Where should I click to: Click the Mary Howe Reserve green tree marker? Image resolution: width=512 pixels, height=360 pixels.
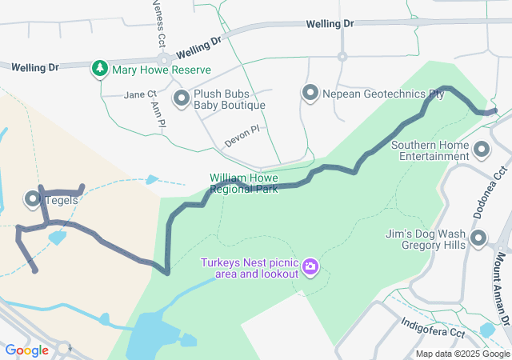99,69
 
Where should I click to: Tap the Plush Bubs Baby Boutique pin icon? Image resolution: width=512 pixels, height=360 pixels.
182,99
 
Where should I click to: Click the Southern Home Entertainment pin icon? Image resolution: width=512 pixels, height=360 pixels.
482,150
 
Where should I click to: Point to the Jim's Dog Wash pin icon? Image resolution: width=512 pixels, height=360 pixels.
478,238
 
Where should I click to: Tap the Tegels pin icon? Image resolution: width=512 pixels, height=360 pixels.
34,198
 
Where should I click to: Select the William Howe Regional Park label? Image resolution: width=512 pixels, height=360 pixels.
243,183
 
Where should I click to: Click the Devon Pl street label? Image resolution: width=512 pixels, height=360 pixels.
242,135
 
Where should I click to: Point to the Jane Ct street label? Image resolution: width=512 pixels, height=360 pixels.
141,94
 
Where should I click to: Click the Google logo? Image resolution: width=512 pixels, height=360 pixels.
26,350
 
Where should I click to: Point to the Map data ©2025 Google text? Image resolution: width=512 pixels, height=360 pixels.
462,354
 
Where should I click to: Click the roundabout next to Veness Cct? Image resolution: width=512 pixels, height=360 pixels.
164,60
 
